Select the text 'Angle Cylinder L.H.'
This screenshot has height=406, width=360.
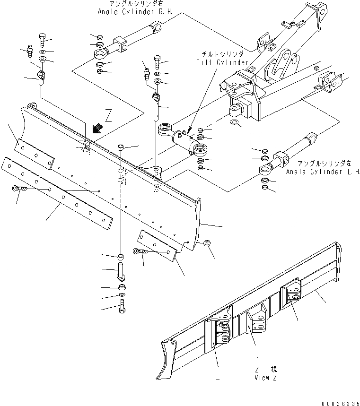tap(323, 172)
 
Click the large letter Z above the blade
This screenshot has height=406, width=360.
tap(108, 116)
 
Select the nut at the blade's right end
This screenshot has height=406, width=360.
tap(207, 243)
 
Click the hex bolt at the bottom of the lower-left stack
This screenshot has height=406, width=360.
tap(122, 307)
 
